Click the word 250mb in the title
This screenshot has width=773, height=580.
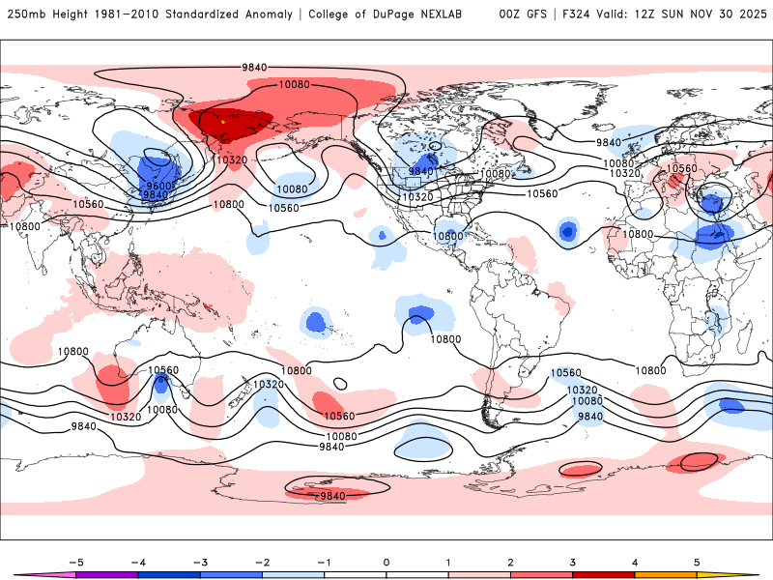(26, 14)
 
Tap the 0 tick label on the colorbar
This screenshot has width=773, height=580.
(386, 561)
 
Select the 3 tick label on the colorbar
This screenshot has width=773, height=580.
(573, 561)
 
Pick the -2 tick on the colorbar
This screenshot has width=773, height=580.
(262, 561)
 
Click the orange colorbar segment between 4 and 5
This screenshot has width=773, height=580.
(665, 574)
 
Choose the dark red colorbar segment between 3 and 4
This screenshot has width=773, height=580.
(603, 574)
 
